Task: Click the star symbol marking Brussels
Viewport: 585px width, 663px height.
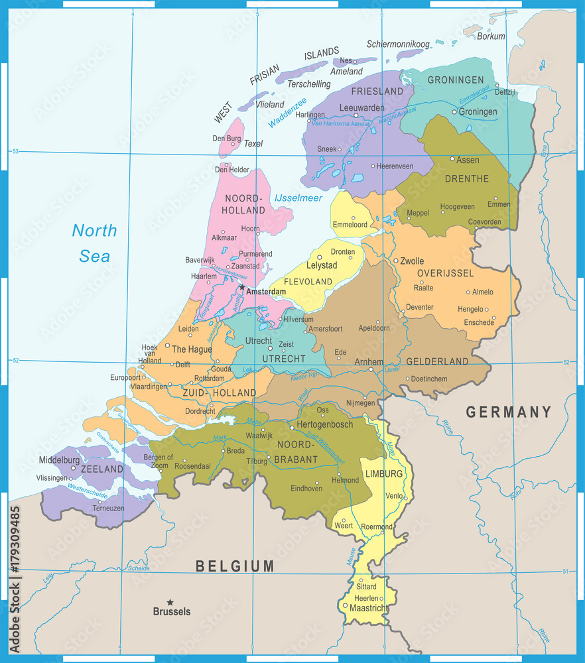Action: point(170,602)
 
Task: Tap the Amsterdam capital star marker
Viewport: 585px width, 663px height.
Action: point(241,288)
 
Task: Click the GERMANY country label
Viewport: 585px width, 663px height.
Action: point(508,412)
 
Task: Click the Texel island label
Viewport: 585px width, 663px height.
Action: point(253,144)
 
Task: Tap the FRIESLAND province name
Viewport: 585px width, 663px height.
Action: point(377,91)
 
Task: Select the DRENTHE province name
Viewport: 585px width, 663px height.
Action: point(467,179)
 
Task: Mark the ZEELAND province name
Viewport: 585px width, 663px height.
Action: point(103,469)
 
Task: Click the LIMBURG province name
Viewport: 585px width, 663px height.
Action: point(384,474)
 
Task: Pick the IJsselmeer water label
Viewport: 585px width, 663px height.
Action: point(298,198)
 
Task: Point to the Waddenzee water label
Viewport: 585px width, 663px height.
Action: point(287,113)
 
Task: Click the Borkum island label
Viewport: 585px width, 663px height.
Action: point(491,36)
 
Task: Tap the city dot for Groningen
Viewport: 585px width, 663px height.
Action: point(454,112)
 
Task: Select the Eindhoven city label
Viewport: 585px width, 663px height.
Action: point(306,489)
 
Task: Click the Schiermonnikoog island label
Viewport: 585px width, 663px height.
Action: point(398,44)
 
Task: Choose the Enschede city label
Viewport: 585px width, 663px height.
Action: point(479,323)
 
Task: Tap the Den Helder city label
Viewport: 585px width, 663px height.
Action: point(232,170)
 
